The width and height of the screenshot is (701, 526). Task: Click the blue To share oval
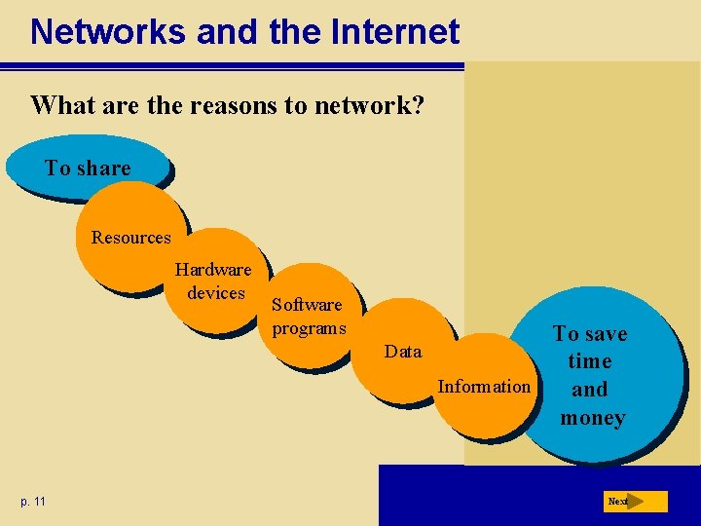coord(88,169)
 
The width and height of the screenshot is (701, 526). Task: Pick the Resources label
coord(130,238)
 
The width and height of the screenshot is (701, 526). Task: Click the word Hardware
coord(213,270)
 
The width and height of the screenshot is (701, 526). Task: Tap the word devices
coord(216,292)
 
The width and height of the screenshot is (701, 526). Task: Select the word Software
coord(307,305)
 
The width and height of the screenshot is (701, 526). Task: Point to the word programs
coord(309,327)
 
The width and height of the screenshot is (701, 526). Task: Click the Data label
coord(403,351)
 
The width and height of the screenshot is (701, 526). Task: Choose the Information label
coord(484,386)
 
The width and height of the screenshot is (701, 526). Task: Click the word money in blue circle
coord(592,418)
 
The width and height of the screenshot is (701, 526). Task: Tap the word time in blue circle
coord(589,361)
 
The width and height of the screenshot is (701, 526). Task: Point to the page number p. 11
coord(32,501)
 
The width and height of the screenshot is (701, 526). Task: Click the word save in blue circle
coord(606,334)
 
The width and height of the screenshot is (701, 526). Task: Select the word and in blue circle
coord(589,390)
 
